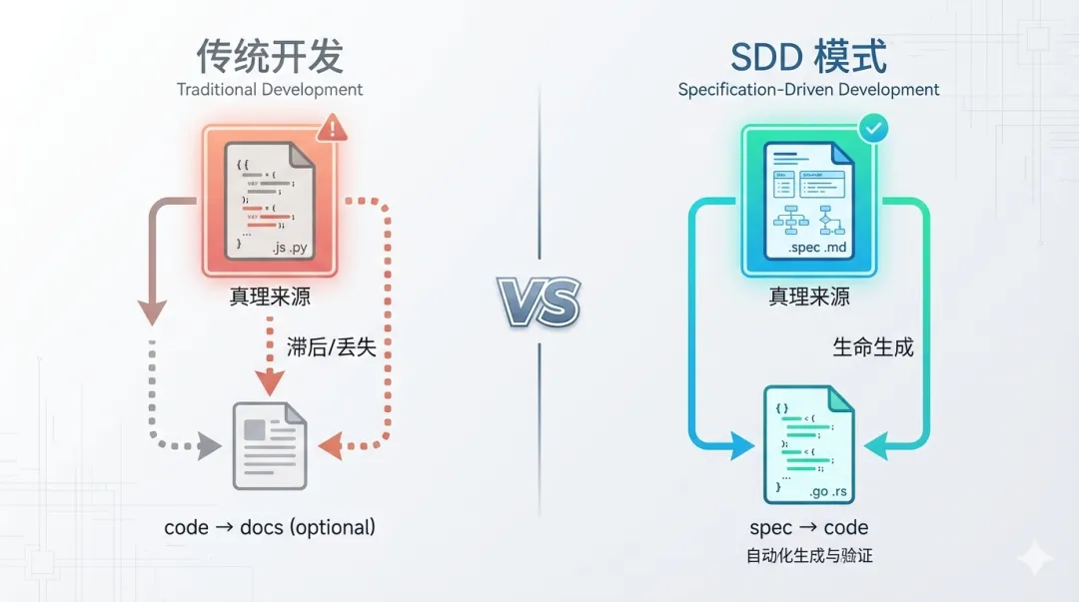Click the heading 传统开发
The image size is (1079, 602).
270,56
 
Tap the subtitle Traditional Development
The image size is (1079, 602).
270,90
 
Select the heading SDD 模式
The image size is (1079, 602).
808,56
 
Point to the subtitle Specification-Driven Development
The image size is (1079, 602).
808,90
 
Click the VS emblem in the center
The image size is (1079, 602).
539,301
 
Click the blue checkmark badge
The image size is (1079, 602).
873,129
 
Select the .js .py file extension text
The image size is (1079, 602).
291,244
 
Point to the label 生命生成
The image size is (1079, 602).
872,347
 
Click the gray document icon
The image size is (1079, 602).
269,445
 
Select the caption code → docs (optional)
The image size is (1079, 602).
270,527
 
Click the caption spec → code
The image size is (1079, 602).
808,527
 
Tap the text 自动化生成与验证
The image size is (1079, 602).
808,555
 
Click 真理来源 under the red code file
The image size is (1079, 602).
270,297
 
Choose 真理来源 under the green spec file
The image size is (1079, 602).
808,297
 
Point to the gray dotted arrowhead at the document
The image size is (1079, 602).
210,446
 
